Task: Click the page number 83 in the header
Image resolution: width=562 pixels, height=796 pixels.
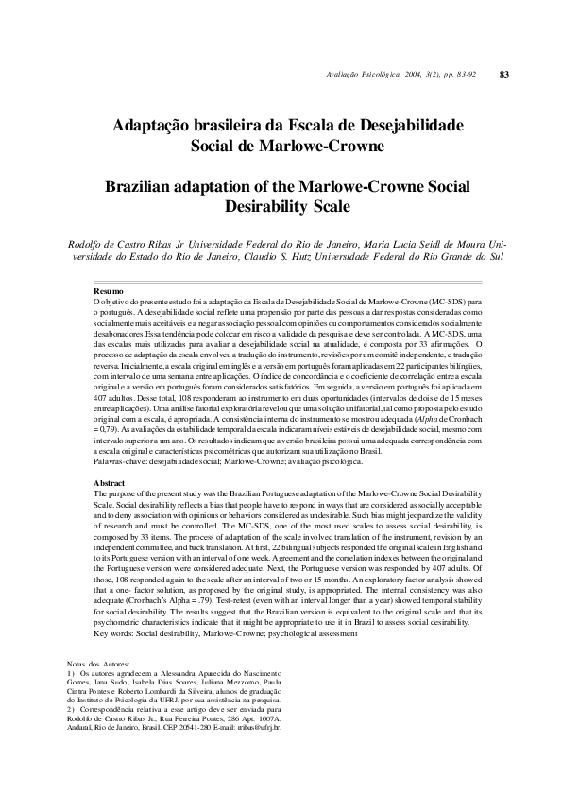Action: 504,74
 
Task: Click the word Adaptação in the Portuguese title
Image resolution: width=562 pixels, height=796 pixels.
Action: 153,125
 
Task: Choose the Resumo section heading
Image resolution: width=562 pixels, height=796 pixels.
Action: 110,290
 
